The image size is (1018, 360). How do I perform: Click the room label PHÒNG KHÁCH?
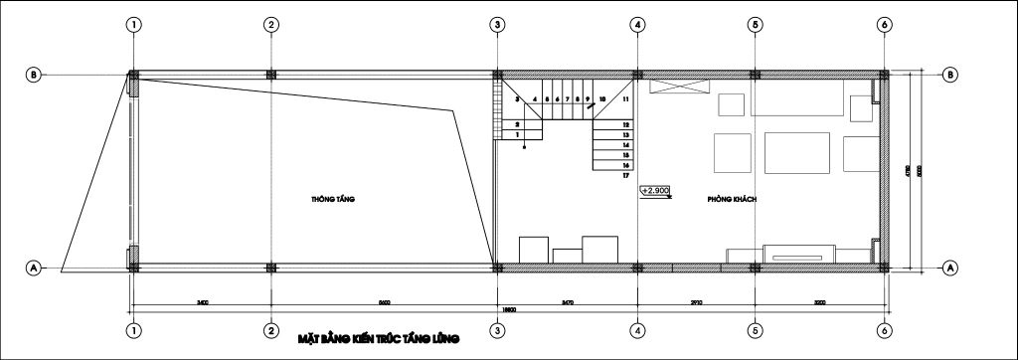tap(733, 200)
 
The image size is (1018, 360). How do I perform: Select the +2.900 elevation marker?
tap(655, 189)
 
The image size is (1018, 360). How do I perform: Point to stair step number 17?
tap(626, 176)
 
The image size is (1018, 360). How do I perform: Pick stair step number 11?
tap(625, 99)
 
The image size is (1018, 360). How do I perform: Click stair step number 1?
tap(517, 133)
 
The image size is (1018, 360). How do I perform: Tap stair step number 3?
tap(517, 99)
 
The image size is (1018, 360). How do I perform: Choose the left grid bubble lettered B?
tap(33, 75)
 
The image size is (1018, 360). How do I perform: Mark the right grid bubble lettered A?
tap(949, 268)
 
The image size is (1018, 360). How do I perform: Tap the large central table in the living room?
tap(798, 153)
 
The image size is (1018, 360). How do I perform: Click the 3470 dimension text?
tap(568, 300)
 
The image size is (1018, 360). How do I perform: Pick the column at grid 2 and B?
tap(270, 74)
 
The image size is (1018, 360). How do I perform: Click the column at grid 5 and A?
tap(755, 267)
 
